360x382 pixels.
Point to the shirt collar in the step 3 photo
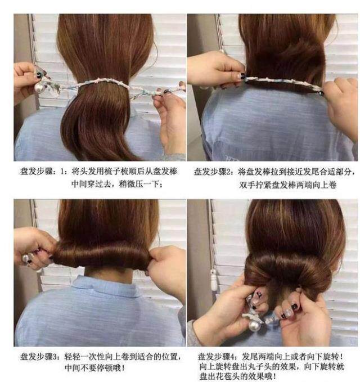pyautogui.click(x=101, y=286)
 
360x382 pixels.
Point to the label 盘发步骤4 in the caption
pyautogui.click(x=220, y=357)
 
